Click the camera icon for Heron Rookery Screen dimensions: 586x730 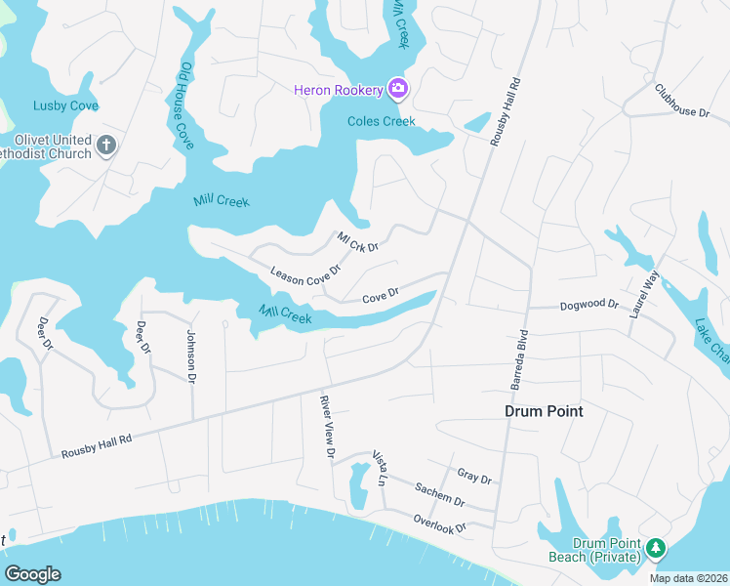(x=397, y=90)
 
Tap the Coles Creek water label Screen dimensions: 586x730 (x=383, y=121)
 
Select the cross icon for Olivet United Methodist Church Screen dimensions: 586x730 (x=106, y=146)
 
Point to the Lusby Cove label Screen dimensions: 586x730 (x=65, y=105)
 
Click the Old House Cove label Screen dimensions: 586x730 (x=186, y=105)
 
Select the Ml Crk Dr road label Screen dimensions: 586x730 (x=357, y=241)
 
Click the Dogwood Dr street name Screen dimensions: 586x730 (x=589, y=306)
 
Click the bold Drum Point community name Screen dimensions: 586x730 (x=544, y=411)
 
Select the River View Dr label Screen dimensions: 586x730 (x=328, y=427)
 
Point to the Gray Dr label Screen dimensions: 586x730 (x=473, y=478)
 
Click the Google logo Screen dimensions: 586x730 (x=32, y=574)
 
